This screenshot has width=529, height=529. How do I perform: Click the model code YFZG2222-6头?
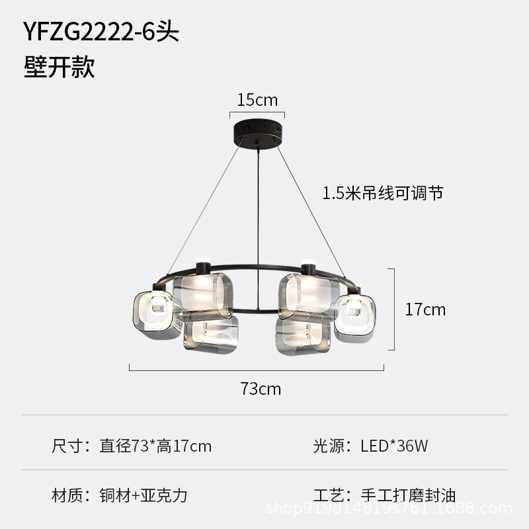[101, 31]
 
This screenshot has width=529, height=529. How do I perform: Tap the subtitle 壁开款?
[60, 67]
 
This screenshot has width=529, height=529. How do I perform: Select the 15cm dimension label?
[257, 100]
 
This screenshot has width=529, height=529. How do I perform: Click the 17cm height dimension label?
[425, 309]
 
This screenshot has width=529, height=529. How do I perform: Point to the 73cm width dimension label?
[261, 389]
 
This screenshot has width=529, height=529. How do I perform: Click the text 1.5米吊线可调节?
[382, 193]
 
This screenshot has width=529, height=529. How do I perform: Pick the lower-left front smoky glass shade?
[210, 335]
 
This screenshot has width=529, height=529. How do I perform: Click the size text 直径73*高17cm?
[155, 446]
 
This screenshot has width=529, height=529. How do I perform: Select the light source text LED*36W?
[394, 446]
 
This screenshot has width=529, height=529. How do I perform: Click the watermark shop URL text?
[389, 509]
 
